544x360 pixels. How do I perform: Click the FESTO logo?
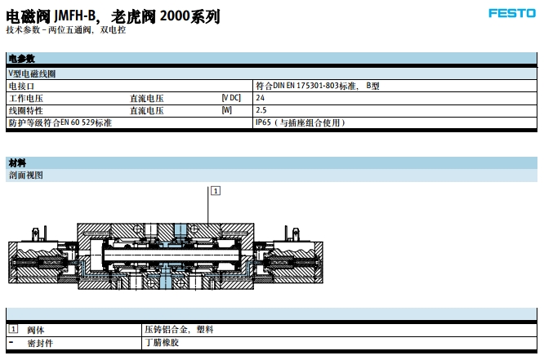(x=512, y=12)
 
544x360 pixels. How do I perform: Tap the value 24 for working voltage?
(x=261, y=97)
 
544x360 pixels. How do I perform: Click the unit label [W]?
(x=226, y=109)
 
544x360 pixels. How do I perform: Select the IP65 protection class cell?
(x=301, y=122)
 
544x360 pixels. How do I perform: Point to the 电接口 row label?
(x=21, y=85)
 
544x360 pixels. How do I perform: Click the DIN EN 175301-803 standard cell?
(x=317, y=85)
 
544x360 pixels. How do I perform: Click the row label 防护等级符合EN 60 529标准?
(x=60, y=122)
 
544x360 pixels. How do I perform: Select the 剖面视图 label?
(x=25, y=175)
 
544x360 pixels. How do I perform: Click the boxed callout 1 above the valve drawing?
(x=215, y=190)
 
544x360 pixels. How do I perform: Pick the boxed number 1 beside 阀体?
(x=13, y=329)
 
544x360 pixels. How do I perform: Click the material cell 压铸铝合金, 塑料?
(x=178, y=330)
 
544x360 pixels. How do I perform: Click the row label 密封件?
(x=39, y=343)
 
